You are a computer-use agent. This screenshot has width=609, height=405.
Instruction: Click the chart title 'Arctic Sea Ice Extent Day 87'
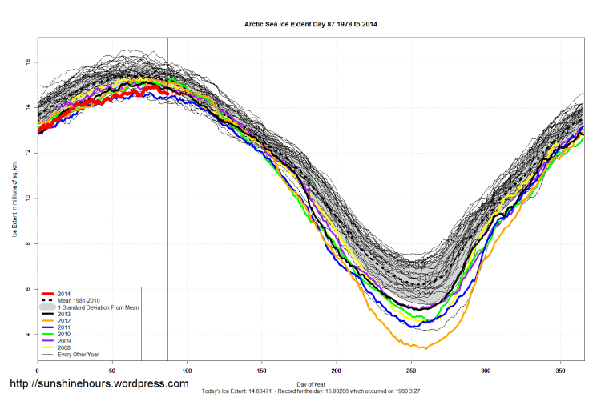[311, 25]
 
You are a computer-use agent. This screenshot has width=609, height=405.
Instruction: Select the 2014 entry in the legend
[65, 294]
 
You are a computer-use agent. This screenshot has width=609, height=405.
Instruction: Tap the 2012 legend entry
[65, 323]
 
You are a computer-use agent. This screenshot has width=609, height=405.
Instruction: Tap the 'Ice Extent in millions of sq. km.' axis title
[14, 198]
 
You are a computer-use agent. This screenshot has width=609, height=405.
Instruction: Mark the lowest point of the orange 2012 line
[425, 348]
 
